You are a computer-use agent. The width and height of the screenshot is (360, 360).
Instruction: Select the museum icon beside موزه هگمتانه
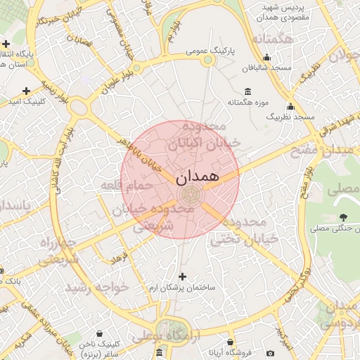click(247, 91)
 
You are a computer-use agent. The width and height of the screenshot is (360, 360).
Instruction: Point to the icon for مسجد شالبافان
click(266, 58)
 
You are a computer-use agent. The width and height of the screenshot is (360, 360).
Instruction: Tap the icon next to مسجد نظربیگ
click(290, 106)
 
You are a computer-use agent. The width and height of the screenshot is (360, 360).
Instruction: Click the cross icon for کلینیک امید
click(27, 91)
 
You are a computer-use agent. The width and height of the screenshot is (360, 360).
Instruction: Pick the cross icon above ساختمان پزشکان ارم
click(183, 276)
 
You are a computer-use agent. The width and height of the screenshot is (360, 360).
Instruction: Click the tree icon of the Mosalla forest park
click(343, 217)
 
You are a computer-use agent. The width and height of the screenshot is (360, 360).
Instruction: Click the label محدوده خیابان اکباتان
click(204, 135)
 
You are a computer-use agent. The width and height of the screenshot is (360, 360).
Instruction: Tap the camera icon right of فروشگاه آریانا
click(271, 353)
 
